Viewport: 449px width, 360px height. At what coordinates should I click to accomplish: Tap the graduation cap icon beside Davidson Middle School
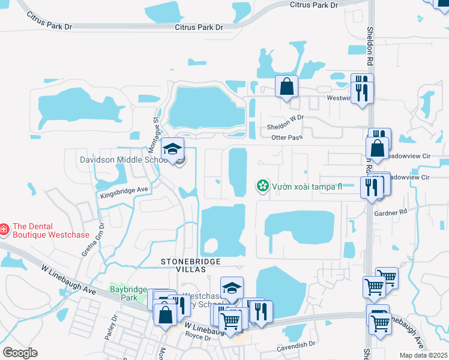172,149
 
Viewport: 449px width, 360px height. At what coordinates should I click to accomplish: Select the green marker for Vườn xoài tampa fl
262,186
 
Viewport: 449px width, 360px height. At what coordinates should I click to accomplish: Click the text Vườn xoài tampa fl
306,186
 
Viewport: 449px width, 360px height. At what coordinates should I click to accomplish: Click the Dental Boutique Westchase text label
51,230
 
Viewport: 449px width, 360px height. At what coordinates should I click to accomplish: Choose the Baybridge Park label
128,293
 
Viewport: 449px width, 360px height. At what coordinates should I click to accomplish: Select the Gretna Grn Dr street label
93,241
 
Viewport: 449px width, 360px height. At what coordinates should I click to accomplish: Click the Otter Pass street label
286,138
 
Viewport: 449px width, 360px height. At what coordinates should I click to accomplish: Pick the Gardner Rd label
390,212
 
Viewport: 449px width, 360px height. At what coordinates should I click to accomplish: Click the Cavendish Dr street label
296,345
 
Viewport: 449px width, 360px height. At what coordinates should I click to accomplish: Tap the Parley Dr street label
110,331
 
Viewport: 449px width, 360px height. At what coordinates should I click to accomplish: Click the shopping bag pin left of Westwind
287,86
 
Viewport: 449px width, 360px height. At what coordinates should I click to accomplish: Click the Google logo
20,353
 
